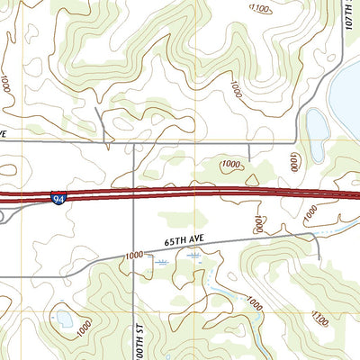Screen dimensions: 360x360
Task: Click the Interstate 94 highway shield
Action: (x=58, y=198)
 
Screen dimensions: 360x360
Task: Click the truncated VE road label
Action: (x=4, y=132)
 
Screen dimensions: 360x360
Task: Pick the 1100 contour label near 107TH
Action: (x=260, y=9)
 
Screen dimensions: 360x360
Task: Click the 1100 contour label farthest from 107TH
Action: (x=319, y=317)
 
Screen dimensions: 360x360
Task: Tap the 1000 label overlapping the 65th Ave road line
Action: (x=134, y=256)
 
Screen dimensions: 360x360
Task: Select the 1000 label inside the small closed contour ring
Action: (x=230, y=165)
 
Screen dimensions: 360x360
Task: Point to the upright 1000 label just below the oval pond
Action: (x=293, y=162)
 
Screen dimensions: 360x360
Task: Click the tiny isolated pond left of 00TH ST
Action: (x=64, y=319)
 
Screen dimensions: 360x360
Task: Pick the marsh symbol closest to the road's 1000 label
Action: (x=161, y=262)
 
